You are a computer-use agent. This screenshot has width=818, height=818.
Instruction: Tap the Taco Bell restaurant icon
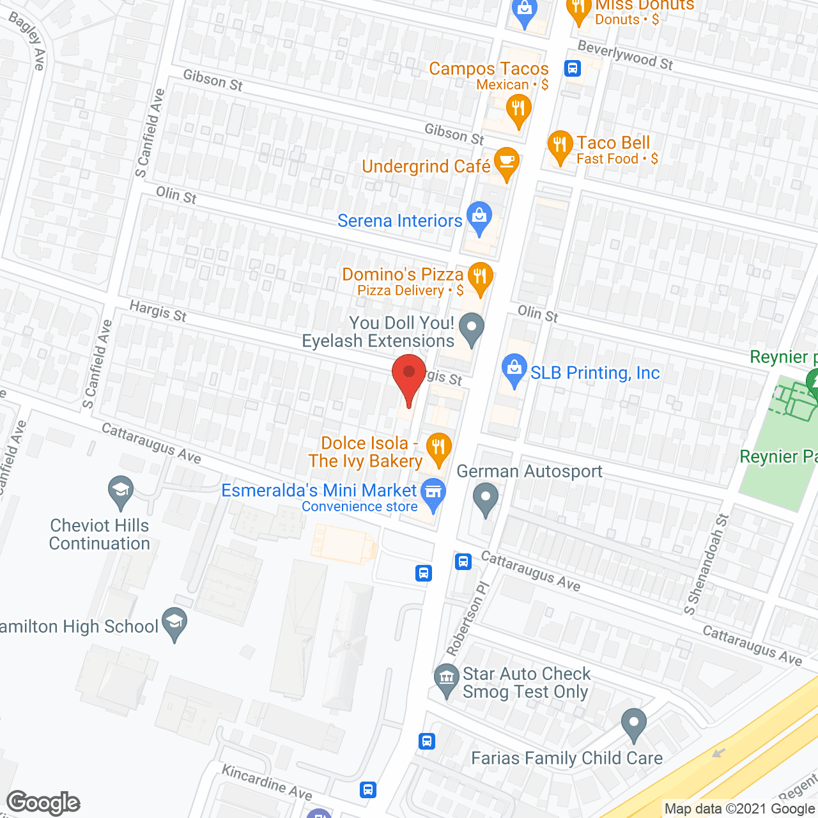(560, 146)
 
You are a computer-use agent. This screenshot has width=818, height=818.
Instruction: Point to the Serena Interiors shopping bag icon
(479, 217)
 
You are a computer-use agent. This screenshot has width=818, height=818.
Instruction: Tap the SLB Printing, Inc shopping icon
(514, 369)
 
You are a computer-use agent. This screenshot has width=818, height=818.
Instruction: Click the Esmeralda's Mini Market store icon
(434, 493)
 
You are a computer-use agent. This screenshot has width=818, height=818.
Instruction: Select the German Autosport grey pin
(486, 498)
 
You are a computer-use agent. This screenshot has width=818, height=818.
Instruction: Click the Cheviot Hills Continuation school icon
(121, 491)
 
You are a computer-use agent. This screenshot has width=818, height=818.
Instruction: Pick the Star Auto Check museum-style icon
(446, 679)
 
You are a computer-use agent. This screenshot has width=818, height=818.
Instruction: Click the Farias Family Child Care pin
(634, 724)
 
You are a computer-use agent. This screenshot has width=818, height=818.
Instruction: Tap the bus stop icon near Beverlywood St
(572, 68)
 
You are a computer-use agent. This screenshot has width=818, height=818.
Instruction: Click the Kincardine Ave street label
(266, 782)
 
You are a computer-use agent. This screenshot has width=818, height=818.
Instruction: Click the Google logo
(43, 803)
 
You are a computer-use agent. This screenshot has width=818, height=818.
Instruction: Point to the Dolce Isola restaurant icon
(438, 447)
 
